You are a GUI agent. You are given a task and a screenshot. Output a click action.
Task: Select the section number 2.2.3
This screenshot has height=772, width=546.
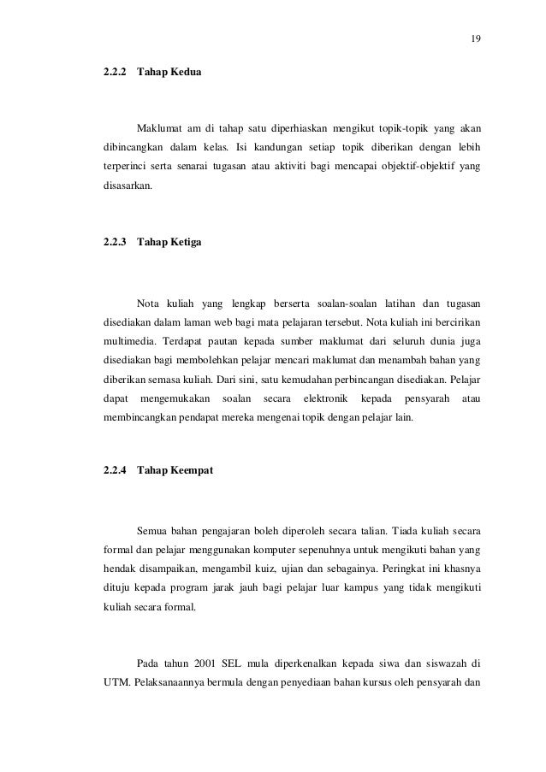tap(115, 243)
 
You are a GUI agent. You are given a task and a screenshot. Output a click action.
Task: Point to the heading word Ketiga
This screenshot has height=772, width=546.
tap(187, 243)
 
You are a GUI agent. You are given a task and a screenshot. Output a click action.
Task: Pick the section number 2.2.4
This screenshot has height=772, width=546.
tap(115, 470)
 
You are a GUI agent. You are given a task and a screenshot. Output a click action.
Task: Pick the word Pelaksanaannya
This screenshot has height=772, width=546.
tap(174, 684)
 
